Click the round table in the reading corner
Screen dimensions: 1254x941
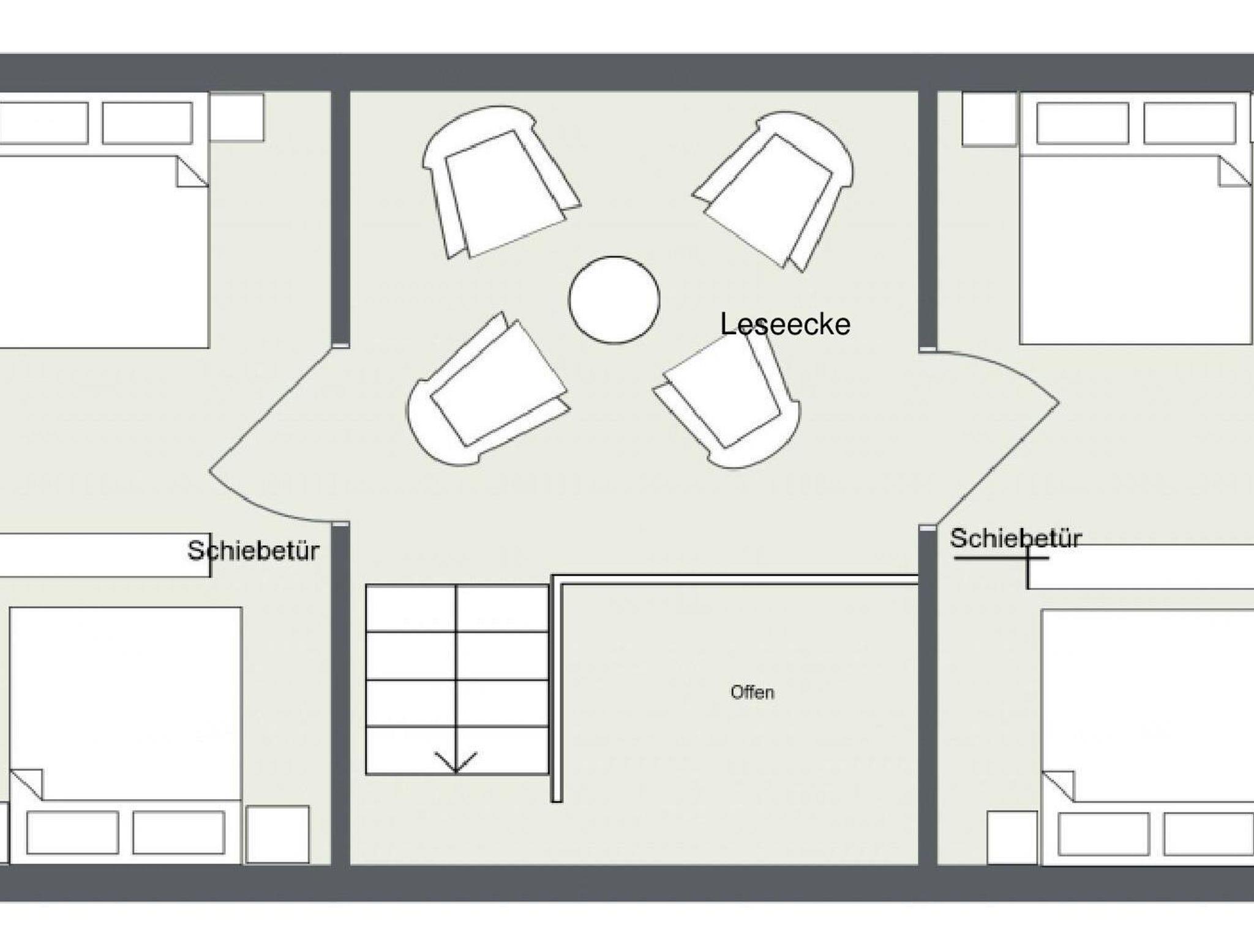614,299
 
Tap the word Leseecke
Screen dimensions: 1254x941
785,324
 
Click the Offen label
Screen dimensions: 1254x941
753,692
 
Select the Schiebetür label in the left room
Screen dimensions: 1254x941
253,551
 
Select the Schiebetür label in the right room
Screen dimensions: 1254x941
1016,538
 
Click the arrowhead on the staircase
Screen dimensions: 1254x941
456,762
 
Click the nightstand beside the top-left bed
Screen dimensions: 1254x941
237,117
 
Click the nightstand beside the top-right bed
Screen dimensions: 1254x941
989,119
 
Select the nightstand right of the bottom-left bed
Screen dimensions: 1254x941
277,835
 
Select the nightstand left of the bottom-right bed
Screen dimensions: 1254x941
1013,837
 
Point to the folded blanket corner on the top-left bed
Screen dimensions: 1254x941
192,171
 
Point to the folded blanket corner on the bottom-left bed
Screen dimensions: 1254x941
27,784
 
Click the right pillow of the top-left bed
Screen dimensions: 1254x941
148,123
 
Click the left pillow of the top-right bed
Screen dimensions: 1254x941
1083,124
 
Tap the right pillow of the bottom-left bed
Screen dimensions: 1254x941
179,833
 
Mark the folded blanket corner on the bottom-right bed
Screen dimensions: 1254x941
1058,786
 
